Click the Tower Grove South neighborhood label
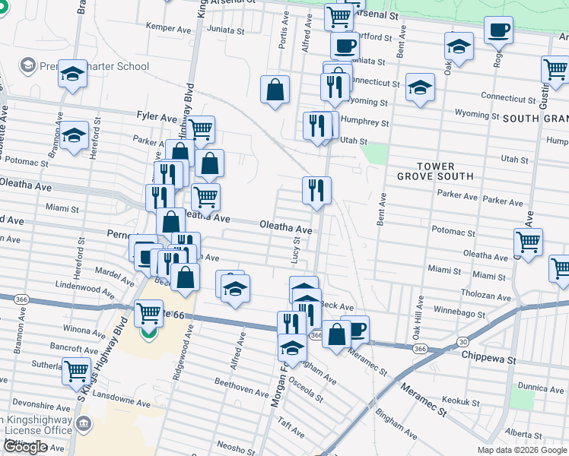click(435, 171)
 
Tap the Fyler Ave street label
click(157, 116)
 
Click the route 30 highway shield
click(463, 342)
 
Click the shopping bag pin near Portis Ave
click(275, 90)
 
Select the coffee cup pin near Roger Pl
click(498, 30)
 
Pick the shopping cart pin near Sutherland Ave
click(77, 372)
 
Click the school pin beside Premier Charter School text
click(73, 74)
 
